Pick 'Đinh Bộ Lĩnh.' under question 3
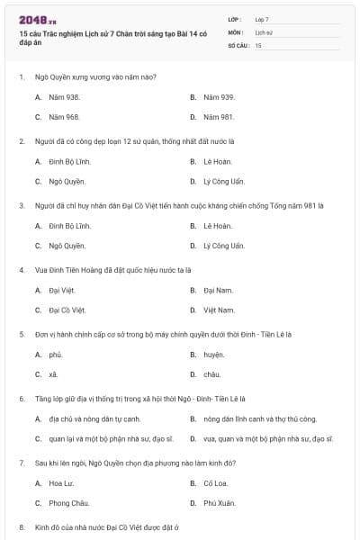click(x=69, y=225)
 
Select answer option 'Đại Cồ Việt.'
click(x=67, y=310)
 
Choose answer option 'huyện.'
click(x=213, y=355)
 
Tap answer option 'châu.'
click(x=211, y=374)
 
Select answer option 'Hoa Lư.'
click(x=62, y=483)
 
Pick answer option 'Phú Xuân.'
click(x=219, y=503)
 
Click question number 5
click(x=22, y=333)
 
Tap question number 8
click(x=22, y=526)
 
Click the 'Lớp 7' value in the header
click(x=262, y=19)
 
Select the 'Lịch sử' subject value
click(x=264, y=31)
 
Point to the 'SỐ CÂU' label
click(x=237, y=44)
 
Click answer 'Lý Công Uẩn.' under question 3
click(x=223, y=246)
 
